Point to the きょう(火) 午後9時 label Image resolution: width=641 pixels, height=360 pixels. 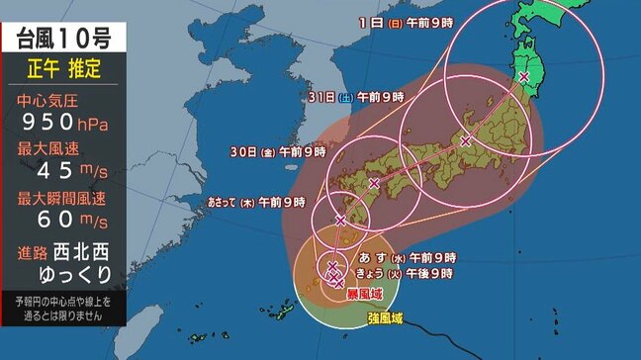(406, 273)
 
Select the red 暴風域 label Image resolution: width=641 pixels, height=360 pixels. (363, 295)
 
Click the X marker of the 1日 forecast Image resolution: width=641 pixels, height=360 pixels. (524, 76)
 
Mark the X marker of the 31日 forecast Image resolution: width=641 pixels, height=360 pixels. (465, 141)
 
